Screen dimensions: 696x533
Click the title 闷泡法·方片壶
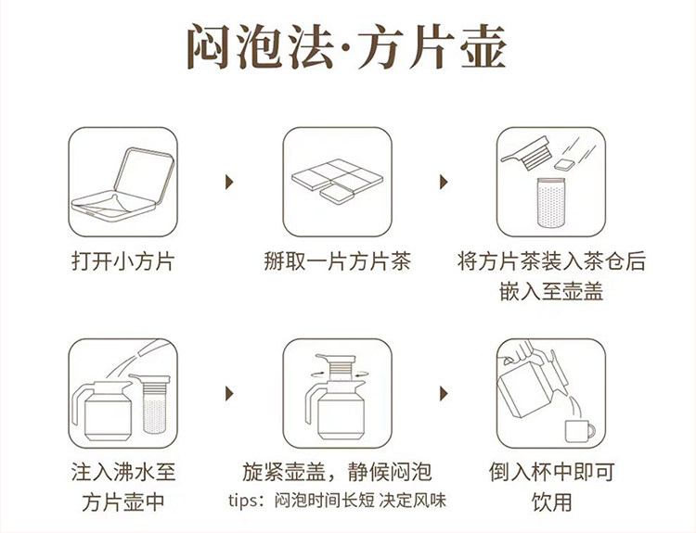point(346,47)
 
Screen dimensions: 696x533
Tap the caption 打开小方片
point(122,260)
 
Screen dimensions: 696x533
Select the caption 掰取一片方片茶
point(338,260)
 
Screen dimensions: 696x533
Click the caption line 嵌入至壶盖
point(551,292)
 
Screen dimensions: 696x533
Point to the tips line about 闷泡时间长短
point(338,501)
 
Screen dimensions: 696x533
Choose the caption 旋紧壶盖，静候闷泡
point(338,472)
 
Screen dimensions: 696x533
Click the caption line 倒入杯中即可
point(551,472)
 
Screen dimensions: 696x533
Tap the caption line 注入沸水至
point(122,472)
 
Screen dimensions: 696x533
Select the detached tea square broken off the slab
point(337,194)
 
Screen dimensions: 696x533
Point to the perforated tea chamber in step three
point(551,203)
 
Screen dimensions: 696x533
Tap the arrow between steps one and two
point(229,182)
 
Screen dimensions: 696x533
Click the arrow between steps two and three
point(444,182)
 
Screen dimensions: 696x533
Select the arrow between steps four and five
point(229,393)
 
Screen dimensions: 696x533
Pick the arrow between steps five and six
point(444,393)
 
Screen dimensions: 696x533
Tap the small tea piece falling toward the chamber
point(564,164)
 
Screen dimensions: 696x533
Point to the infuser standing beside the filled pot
point(153,404)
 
